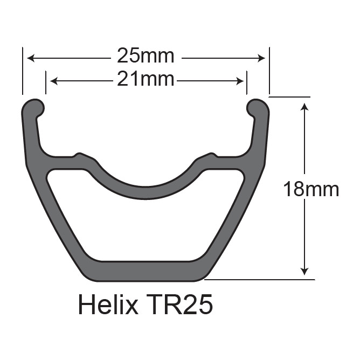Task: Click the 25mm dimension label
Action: (146, 56)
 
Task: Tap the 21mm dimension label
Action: (146, 79)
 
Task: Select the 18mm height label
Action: (311, 189)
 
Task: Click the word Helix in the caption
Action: (108, 304)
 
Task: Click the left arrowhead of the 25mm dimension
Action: (31, 58)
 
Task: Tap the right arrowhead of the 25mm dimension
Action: (261, 58)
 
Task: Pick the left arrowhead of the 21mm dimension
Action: (54, 81)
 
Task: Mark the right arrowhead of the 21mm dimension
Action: (240, 81)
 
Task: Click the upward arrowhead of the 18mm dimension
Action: (304, 107)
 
